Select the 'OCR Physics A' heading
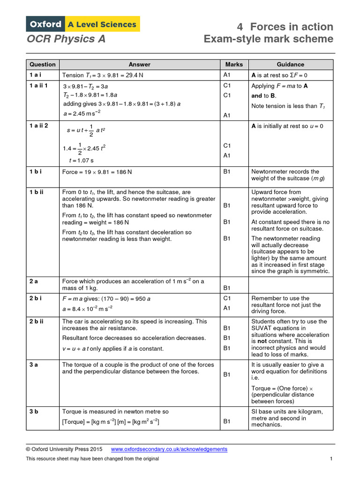[66, 39]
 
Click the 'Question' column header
[43, 64]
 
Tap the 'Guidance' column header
[290, 64]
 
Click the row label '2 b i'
[36, 299]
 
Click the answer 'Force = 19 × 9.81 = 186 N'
[97, 172]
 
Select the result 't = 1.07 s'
[81, 160]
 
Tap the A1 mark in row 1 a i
[227, 75]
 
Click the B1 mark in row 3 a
[227, 375]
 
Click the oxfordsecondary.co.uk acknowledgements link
[169, 449]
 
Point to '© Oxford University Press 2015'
[64, 449]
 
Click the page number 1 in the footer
[331, 458]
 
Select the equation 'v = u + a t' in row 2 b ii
[80, 349]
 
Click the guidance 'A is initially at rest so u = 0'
[287, 126]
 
